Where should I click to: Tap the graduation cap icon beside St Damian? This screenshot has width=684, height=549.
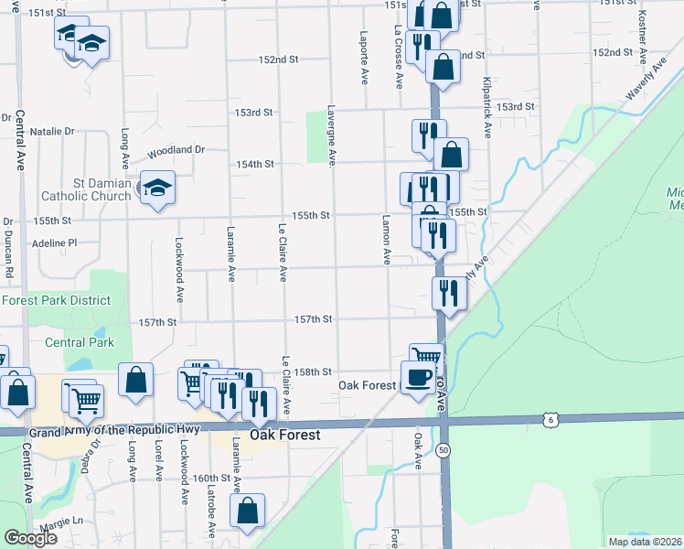coord(157,188)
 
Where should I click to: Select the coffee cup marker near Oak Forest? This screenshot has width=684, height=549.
coord(418,377)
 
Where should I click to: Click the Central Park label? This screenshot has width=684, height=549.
coord(80,342)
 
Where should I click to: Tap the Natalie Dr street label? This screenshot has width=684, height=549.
coord(51,132)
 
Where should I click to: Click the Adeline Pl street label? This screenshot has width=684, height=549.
coord(54,243)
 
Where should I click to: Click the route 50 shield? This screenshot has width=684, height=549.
coord(443,450)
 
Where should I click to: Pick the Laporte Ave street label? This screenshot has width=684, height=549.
coord(364,56)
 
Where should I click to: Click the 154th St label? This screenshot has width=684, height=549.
coord(255,164)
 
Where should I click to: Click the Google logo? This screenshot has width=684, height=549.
coord(30,538)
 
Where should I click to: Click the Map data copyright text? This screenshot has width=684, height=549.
coord(644,542)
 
